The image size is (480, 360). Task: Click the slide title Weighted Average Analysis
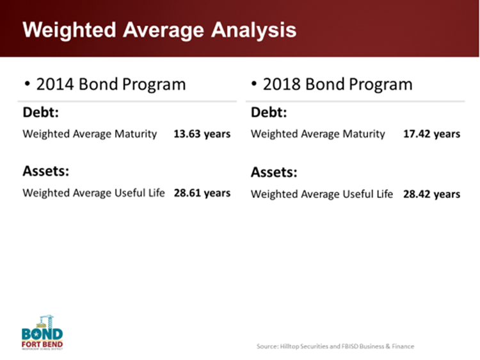click(159, 30)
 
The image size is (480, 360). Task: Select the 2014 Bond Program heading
click(111, 84)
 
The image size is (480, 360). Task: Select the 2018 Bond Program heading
click(337, 84)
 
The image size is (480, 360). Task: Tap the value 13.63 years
click(202, 134)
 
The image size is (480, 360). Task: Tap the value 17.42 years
click(431, 134)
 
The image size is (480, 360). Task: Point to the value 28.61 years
click(202, 193)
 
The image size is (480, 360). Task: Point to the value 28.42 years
click(431, 193)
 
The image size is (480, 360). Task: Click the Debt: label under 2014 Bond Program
click(41, 112)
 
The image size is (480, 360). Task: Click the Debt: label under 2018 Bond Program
click(269, 113)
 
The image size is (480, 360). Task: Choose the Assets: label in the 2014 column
click(46, 171)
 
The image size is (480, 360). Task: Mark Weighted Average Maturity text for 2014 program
click(90, 134)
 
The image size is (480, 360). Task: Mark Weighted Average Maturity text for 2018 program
click(318, 134)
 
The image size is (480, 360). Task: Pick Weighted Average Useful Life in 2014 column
click(93, 193)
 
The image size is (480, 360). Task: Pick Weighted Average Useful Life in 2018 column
click(322, 193)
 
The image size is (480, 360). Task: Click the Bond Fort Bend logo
click(42, 332)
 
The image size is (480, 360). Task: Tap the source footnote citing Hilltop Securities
click(335, 347)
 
